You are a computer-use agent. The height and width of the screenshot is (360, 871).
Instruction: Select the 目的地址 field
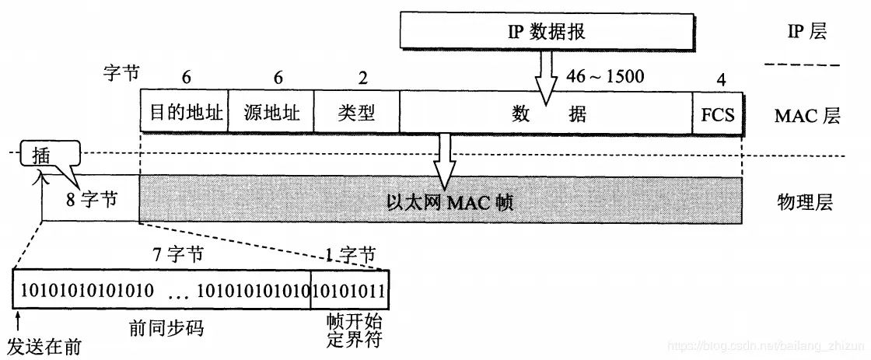(182, 114)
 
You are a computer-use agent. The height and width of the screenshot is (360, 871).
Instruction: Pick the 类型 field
(355, 114)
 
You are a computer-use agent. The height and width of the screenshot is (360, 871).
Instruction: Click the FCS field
(717, 115)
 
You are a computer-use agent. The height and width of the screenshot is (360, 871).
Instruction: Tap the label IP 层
(806, 32)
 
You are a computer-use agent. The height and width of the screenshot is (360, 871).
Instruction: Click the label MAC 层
(806, 116)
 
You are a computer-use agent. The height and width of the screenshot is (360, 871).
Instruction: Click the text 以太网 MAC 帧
(451, 203)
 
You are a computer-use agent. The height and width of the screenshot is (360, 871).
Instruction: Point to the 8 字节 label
(91, 199)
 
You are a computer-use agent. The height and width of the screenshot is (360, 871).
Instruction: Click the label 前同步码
(166, 328)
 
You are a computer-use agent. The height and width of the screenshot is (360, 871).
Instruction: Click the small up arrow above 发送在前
(17, 320)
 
